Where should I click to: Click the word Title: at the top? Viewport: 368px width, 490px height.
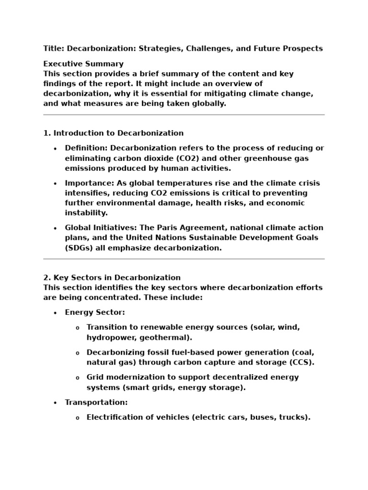(x=54, y=48)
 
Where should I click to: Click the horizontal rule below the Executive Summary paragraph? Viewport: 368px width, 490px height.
(x=184, y=115)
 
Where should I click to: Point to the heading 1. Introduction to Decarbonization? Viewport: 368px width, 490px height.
(x=114, y=133)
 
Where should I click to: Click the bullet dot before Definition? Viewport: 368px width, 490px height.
(x=55, y=148)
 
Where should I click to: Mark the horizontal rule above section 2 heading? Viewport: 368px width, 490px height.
(x=184, y=259)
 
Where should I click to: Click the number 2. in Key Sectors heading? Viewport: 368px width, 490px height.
(x=47, y=278)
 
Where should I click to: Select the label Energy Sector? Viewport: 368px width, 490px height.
(x=95, y=312)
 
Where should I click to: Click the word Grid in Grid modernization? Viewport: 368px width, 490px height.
(x=95, y=377)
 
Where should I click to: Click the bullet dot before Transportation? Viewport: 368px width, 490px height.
(x=55, y=402)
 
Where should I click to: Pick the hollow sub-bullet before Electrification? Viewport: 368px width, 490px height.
(x=78, y=418)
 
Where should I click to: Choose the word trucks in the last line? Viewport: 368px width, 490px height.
(x=295, y=417)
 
